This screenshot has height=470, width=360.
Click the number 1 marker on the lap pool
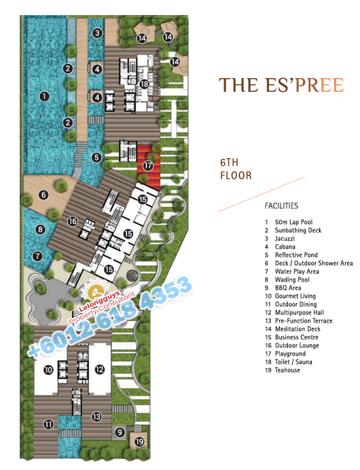coord(45,96)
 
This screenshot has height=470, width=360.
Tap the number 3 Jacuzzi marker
coord(97,33)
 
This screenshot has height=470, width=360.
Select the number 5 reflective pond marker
coord(96,158)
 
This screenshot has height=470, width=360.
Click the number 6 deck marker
coord(43,195)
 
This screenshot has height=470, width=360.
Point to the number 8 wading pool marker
coord(40,230)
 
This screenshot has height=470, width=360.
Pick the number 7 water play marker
coord(38,256)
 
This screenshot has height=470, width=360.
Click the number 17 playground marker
coord(147,166)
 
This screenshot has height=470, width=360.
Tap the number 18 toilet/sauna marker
coord(144,84)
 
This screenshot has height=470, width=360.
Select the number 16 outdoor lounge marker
coord(72,221)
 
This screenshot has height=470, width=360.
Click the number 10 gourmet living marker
coord(48,370)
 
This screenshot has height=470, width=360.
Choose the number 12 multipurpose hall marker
coord(99,369)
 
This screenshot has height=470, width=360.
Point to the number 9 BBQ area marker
coord(120,432)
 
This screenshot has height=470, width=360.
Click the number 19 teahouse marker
coord(139,441)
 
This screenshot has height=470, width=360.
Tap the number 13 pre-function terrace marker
coord(97,417)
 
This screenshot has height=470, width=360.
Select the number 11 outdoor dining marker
coord(48,424)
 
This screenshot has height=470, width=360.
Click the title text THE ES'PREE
coord(281,85)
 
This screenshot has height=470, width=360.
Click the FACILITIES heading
coord(281,206)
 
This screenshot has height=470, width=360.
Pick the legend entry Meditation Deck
coord(298,329)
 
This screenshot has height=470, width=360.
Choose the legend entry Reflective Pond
coord(296,255)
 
